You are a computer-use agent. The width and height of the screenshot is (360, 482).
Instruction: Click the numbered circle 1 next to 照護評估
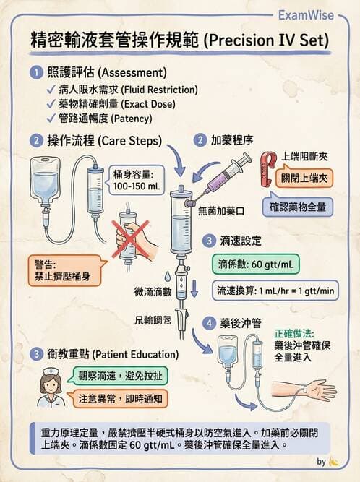(35, 73)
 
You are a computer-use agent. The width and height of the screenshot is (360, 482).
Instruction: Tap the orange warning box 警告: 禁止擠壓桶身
(67, 269)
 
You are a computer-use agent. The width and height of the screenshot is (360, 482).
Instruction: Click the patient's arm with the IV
(311, 391)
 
